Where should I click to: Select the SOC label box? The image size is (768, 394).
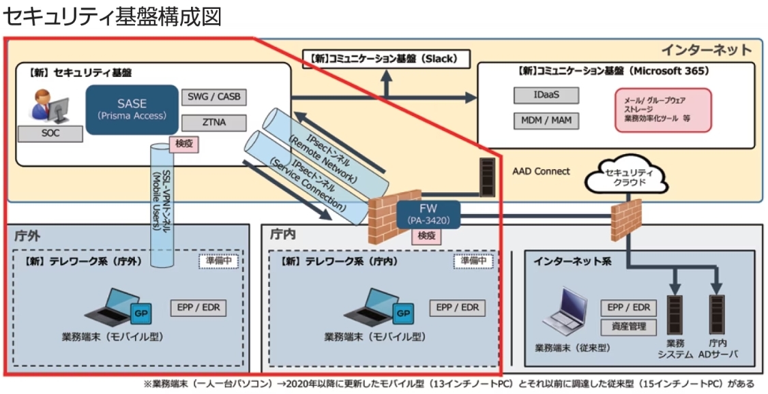click(x=50, y=134)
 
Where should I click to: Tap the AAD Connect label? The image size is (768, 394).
click(x=541, y=171)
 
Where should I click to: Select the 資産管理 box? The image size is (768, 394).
click(x=627, y=327)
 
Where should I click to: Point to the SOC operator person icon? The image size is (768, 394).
click(x=43, y=107)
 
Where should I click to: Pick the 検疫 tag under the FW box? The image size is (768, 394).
click(x=426, y=236)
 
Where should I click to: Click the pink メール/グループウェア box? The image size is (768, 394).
click(x=662, y=109)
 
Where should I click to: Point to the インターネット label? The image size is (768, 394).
click(x=705, y=50)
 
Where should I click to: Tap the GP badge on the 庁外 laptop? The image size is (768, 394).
click(x=141, y=314)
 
